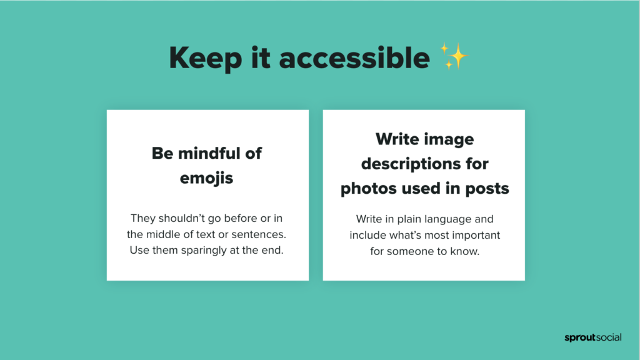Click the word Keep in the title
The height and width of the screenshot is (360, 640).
click(205, 58)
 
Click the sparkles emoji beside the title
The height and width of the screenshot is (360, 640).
click(454, 56)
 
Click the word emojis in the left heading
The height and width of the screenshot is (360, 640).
click(206, 178)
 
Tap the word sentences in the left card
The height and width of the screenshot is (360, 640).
click(259, 234)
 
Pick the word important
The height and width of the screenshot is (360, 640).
click(474, 236)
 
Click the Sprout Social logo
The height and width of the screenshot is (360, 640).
click(593, 337)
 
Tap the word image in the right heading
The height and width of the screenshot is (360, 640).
click(450, 140)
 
